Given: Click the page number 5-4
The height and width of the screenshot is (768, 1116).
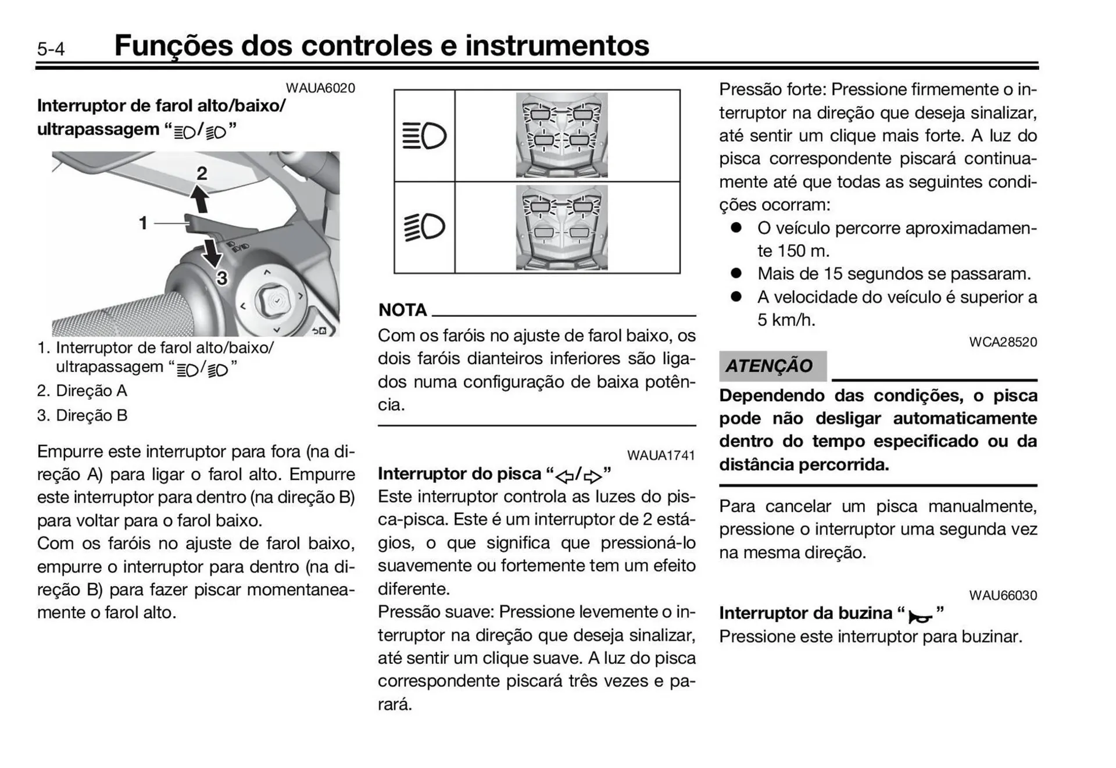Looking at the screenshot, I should point(51,49).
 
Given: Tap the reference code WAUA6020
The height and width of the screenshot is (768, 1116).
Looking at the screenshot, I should point(320,88).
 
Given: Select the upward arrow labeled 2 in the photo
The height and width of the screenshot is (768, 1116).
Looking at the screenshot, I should point(200,198).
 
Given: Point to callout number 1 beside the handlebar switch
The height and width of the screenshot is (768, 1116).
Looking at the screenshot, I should point(143,223).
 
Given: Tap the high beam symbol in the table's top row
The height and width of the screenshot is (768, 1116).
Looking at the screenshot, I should point(424,136).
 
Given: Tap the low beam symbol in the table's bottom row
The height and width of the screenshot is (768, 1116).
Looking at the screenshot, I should point(424,227).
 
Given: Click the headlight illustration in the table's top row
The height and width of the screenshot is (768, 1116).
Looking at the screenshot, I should point(561,135).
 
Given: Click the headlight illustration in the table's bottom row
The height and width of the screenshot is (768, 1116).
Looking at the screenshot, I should point(561,227).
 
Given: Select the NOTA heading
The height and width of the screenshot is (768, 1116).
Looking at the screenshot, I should point(402,310).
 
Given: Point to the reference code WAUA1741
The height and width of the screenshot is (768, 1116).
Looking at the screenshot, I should point(660,455).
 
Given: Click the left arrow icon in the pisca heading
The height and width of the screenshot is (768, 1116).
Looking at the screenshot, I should point(564,477).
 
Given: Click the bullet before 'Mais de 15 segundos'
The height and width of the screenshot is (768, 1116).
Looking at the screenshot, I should point(736,273).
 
